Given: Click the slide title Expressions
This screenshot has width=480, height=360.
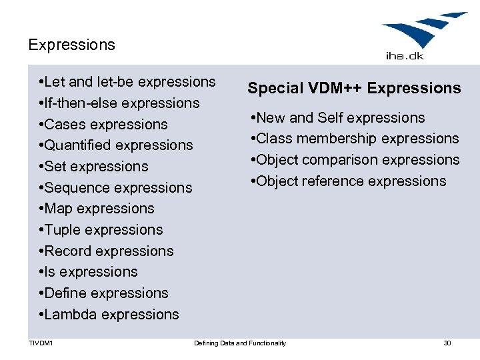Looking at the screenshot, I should coord(71,45).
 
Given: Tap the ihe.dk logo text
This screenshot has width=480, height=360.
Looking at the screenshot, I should coord(405,57).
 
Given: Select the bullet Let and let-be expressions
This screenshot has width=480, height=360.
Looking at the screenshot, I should coord(128,82).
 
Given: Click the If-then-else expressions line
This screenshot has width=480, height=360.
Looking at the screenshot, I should coord(120,103).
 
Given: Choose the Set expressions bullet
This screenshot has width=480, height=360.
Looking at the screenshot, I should coord(95,167).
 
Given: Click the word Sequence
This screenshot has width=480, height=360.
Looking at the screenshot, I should coord(75,188).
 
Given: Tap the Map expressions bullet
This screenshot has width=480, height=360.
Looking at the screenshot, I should coord(97,209).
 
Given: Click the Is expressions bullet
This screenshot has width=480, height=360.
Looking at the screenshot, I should coord(89,272).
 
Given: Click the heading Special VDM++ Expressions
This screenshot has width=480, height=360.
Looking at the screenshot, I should coord(354,89).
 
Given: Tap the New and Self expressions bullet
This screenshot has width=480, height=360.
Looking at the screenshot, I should coord(337,118).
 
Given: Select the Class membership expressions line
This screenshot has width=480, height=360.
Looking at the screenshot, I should coord(355,139).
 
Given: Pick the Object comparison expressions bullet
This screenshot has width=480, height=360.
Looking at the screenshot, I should coord(355,160).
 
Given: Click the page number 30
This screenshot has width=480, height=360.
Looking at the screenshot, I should coord(447,343).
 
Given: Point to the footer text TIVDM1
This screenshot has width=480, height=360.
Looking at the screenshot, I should coord(41,343).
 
